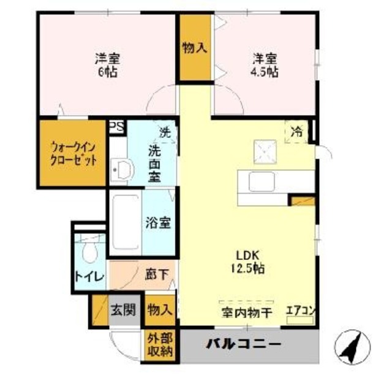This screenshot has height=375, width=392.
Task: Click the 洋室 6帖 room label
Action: pyautogui.click(x=107, y=66)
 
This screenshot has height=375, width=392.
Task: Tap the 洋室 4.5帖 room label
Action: pyautogui.click(x=266, y=66)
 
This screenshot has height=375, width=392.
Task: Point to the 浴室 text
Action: pyautogui.click(x=158, y=223)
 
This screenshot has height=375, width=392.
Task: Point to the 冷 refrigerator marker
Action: pyautogui.click(x=296, y=131)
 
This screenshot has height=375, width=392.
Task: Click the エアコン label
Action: pyautogui.click(x=300, y=311)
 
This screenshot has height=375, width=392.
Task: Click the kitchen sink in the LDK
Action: pyautogui.click(x=262, y=181)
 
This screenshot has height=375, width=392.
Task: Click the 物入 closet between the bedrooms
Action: pyautogui.click(x=194, y=48)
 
